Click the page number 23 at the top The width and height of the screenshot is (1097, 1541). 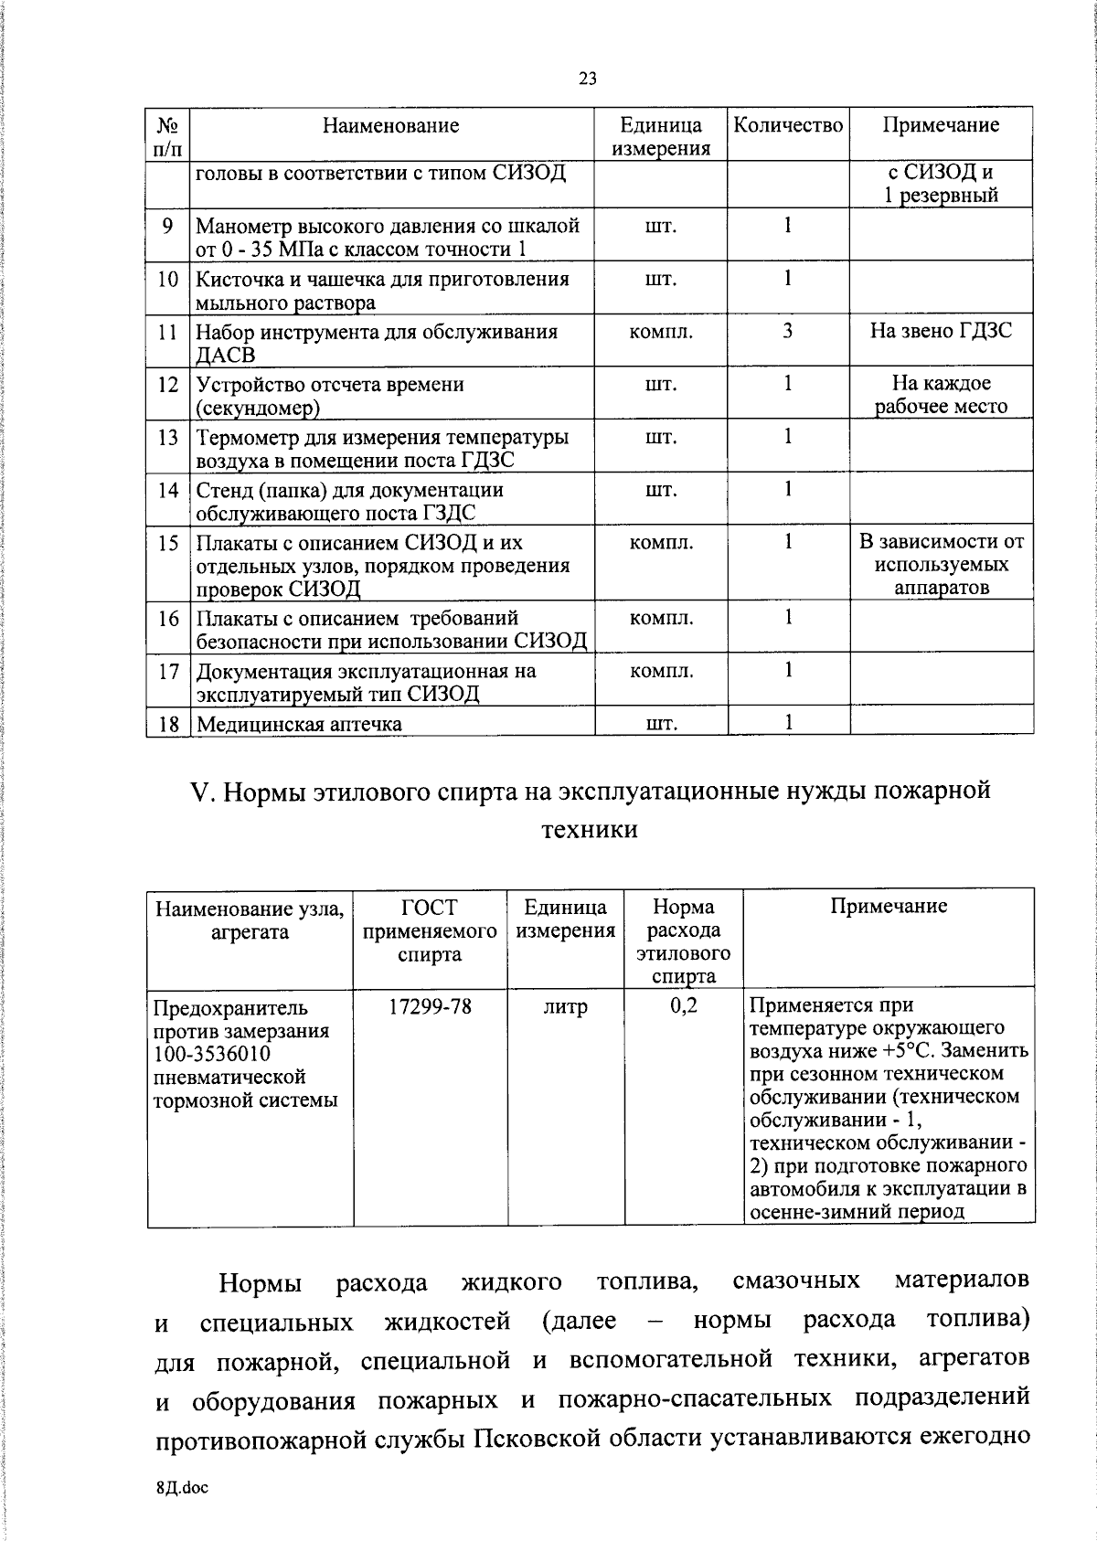[x=588, y=79]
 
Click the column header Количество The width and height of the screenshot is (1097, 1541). [x=788, y=125]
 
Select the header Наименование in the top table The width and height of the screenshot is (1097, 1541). [x=390, y=125]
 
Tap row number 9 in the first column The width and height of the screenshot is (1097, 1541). [x=167, y=225]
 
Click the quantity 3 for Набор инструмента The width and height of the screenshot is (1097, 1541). [x=787, y=331]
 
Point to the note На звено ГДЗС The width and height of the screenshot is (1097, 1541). [x=941, y=331]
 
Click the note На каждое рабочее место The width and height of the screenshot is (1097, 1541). [x=941, y=395]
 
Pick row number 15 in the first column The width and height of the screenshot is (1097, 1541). [x=167, y=543]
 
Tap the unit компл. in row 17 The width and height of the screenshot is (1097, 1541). [x=661, y=671]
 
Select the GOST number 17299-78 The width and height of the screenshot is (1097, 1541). [x=430, y=1007]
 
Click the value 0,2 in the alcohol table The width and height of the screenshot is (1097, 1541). [x=683, y=1007]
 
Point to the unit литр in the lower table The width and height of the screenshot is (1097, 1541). [x=565, y=1007]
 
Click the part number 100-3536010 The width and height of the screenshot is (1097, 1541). [x=212, y=1054]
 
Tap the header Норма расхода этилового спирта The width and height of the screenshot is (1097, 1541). [x=683, y=941]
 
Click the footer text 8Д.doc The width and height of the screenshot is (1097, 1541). [x=182, y=1488]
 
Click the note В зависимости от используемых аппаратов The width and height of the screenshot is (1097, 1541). [x=941, y=565]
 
